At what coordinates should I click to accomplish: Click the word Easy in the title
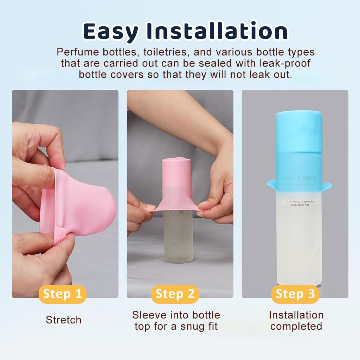(110, 31)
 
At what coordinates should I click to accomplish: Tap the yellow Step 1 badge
(62, 294)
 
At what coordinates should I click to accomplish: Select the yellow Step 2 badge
(175, 294)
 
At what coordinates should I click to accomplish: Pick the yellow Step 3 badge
(295, 294)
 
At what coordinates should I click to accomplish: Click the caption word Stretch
(64, 320)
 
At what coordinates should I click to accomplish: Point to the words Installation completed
(296, 320)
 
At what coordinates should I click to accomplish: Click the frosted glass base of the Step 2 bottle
(178, 243)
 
